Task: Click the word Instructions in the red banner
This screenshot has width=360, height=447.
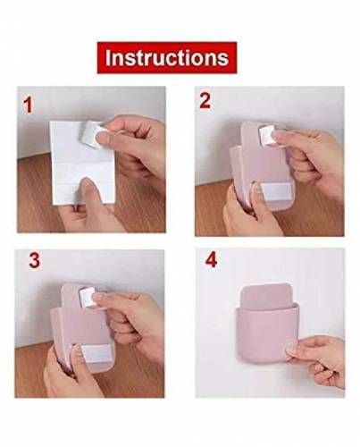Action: pyautogui.click(x=167, y=57)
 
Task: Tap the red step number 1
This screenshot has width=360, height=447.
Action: pyautogui.click(x=28, y=105)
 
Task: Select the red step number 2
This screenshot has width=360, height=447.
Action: pyautogui.click(x=205, y=100)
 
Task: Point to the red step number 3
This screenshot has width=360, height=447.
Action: pyautogui.click(x=34, y=260)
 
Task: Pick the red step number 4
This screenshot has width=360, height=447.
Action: pyautogui.click(x=211, y=260)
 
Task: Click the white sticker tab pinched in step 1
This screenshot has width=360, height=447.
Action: pyautogui.click(x=90, y=133)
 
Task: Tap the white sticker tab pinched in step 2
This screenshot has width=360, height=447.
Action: pyautogui.click(x=267, y=136)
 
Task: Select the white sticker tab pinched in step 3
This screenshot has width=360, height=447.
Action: pyautogui.click(x=88, y=299)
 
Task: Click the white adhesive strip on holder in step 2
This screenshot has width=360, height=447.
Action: pyautogui.click(x=275, y=192)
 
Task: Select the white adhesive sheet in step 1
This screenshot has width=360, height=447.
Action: pyautogui.click(x=78, y=163)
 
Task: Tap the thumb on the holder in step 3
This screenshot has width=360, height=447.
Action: pyautogui.click(x=74, y=356)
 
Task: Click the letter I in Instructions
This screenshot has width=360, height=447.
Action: pyautogui.click(x=108, y=58)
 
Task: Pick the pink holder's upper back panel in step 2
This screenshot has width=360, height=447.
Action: pyautogui.click(x=252, y=136)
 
